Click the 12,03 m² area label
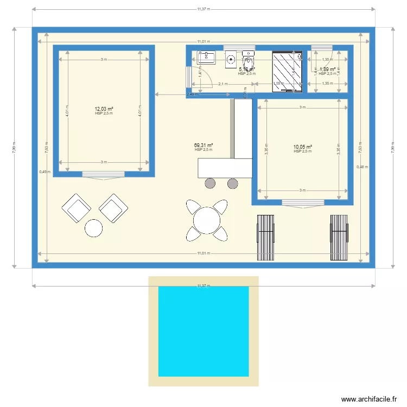point(103,109)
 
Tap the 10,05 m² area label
point(302,147)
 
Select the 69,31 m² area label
point(203,145)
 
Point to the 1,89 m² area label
point(327,69)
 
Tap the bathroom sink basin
point(207,58)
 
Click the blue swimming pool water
point(203,331)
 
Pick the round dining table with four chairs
point(206,220)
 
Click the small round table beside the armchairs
point(94,228)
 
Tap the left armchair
point(75,207)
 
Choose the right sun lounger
point(339,237)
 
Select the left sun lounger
point(266,237)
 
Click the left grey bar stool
point(210,183)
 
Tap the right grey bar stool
point(232,183)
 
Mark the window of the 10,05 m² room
point(302,203)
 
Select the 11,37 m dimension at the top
point(203,9)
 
